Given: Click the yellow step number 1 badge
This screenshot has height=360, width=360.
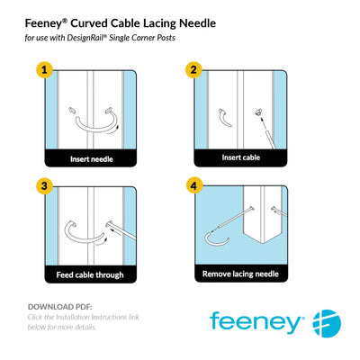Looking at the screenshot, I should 41,70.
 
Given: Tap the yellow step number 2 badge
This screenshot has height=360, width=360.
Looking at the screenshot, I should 192,70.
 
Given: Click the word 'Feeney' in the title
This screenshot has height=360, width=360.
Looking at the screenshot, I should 49,20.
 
